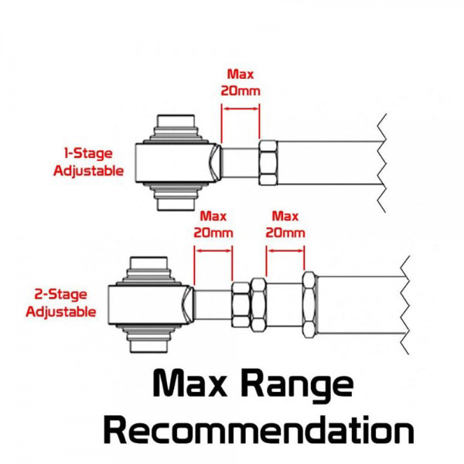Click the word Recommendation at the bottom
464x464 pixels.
[258, 430]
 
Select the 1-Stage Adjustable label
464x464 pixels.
[88, 162]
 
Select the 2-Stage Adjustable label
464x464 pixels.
[61, 303]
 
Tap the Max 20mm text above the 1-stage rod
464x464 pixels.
[241, 83]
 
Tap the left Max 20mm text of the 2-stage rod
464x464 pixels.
[213, 224]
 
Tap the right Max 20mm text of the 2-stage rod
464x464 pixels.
[285, 224]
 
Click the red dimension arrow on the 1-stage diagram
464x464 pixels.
[241, 108]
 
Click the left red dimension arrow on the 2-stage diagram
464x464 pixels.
[213, 251]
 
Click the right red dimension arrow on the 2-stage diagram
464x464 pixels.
[285, 251]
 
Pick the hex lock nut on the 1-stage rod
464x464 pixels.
[268, 162]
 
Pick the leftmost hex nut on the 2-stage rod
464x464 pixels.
[241, 305]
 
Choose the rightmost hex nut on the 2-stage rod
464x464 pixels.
[309, 305]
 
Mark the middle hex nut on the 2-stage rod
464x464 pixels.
[258, 305]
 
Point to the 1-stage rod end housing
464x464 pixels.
[178, 162]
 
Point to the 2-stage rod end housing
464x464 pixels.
[151, 305]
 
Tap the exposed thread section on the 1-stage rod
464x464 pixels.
[240, 162]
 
